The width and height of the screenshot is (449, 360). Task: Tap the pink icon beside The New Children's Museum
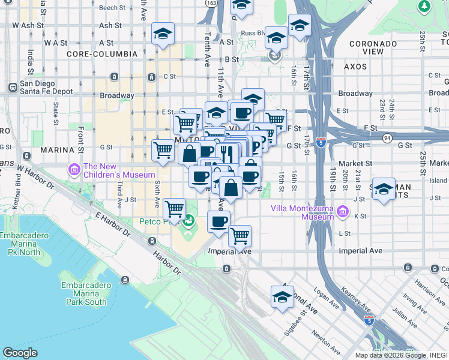pos(74,170)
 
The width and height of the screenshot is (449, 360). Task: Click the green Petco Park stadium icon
pos(189,221)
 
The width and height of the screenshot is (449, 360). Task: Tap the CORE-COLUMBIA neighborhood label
pos(101,54)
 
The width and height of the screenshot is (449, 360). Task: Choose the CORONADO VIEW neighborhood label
pos(373,47)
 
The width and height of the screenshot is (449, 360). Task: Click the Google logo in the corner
pos(20,352)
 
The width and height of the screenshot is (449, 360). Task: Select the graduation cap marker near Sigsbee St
pos(282,296)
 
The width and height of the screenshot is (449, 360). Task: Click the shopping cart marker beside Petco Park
pos(175,209)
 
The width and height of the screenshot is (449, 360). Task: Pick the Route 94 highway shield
pos(388,137)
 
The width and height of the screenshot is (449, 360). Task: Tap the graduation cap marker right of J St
pos(384,188)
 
